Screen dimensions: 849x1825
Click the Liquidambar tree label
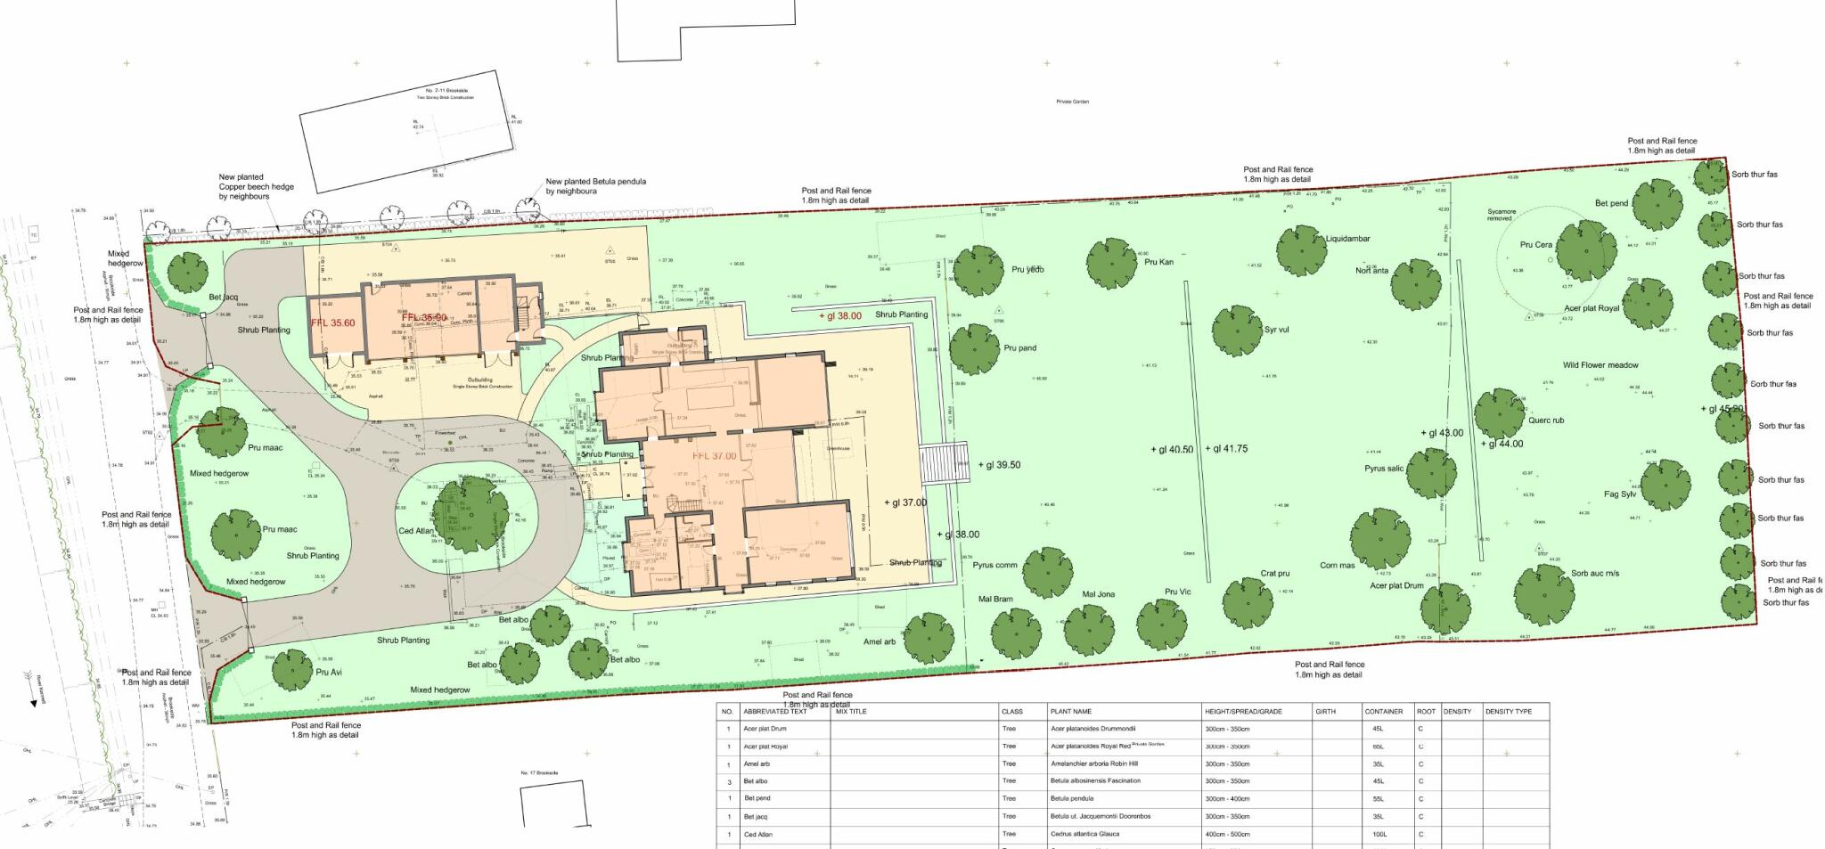point(1347,239)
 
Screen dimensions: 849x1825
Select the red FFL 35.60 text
point(332,323)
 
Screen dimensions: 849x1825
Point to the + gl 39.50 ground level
point(999,465)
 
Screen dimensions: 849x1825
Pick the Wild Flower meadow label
point(1600,365)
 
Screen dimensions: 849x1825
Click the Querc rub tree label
point(1545,420)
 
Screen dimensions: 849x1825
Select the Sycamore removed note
point(1501,215)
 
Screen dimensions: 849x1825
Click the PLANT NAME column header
point(1070,712)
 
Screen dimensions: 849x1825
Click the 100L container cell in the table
point(1379,835)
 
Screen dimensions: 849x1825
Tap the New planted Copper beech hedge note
point(256,186)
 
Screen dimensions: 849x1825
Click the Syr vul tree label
point(1276,330)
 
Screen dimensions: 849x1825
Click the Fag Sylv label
point(1619,494)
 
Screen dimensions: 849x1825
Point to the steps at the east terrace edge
point(943,462)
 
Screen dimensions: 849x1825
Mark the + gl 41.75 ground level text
point(1226,449)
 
